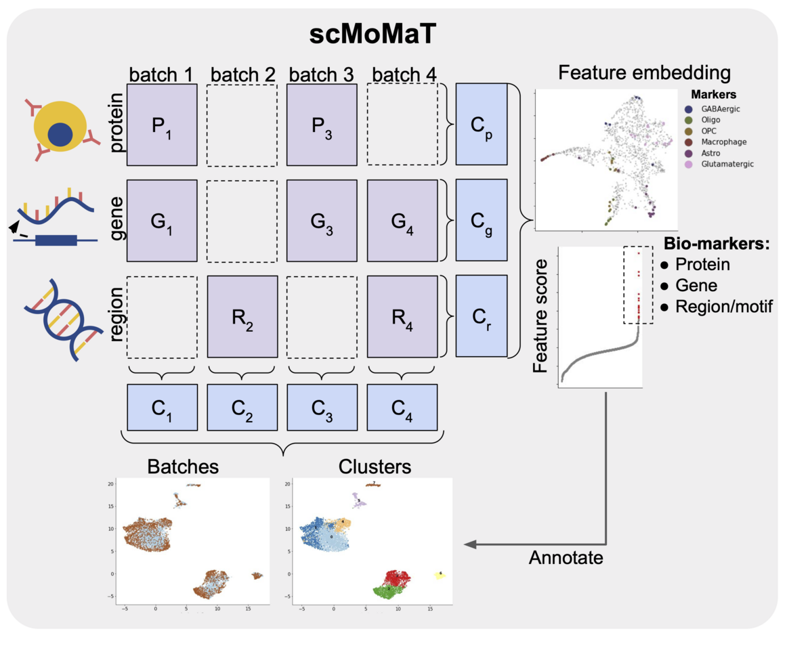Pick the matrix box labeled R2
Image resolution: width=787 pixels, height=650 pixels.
pyautogui.click(x=242, y=316)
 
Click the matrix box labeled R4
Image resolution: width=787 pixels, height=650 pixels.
pyautogui.click(x=402, y=316)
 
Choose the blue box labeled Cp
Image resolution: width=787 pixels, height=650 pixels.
pyautogui.click(x=482, y=125)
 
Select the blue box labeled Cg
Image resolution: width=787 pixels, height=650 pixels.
pyautogui.click(x=482, y=221)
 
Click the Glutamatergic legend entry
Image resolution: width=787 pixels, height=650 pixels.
pyautogui.click(x=723, y=164)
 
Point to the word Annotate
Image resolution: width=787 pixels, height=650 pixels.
pyautogui.click(x=566, y=558)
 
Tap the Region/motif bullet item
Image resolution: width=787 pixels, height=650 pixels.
pyautogui.click(x=718, y=306)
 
